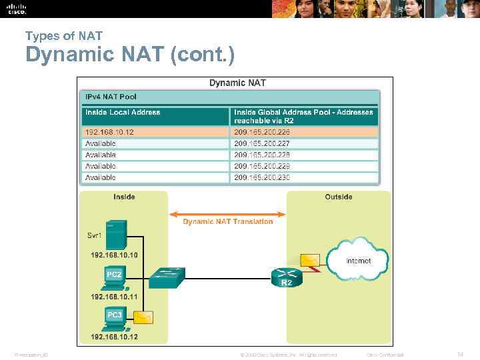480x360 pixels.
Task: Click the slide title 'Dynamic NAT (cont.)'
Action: pyautogui.click(x=130, y=55)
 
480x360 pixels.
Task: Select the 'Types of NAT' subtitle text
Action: pyautogui.click(x=63, y=35)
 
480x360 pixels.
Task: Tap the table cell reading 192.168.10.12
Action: pyautogui.click(x=109, y=132)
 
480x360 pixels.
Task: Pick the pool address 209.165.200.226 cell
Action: pyautogui.click(x=262, y=132)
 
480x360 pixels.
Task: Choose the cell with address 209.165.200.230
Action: pyautogui.click(x=262, y=177)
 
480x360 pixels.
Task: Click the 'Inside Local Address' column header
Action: pyautogui.click(x=123, y=112)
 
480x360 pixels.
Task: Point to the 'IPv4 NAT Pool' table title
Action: pyautogui.click(x=111, y=97)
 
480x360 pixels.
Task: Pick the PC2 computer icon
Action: pyautogui.click(x=114, y=279)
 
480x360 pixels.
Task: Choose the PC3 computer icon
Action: pyautogui.click(x=114, y=318)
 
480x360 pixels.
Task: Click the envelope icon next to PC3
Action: pyautogui.click(x=143, y=317)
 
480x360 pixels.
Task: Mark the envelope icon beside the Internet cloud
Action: pyautogui.click(x=310, y=260)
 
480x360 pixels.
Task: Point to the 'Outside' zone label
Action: pyautogui.click(x=338, y=197)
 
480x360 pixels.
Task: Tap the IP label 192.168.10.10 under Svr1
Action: pyautogui.click(x=114, y=255)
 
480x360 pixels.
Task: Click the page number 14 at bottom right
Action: pyautogui.click(x=461, y=354)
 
